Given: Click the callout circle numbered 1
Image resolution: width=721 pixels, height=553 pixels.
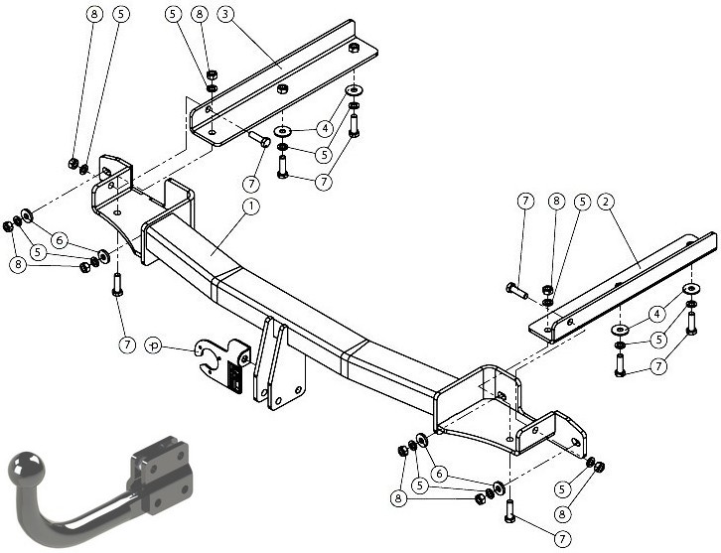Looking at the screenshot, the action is (x=251, y=207).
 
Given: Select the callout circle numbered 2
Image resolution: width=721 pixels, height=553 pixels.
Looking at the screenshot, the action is (x=606, y=202).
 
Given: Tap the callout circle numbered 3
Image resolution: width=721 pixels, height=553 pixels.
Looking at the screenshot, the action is (x=224, y=14).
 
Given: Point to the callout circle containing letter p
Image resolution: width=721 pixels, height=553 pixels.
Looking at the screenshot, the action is (x=154, y=345).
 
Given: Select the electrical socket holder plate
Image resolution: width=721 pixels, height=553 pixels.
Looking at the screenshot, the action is (x=223, y=364).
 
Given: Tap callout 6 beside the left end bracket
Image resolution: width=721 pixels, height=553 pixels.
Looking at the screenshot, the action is (x=60, y=240).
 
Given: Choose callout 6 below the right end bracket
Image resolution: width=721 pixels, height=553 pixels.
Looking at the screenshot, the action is (x=439, y=474).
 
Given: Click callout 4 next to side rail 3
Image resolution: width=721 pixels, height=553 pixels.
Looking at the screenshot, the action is (x=325, y=128).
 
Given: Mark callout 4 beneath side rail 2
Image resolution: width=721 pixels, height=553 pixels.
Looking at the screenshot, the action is (x=656, y=314).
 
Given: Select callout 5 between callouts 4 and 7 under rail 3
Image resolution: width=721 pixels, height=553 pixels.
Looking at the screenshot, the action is (x=324, y=155).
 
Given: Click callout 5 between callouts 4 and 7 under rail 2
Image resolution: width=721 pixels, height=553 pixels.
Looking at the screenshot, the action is (x=658, y=341).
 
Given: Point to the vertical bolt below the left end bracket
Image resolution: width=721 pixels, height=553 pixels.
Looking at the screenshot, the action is (x=117, y=285).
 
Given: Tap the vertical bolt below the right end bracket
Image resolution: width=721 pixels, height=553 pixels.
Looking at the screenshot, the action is (x=509, y=511).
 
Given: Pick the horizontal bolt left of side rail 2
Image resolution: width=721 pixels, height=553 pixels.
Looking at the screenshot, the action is (x=516, y=290).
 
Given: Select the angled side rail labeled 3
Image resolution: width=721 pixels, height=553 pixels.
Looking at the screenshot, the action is (x=284, y=82).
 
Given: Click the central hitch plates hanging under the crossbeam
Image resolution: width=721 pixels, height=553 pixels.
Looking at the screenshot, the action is (x=279, y=363).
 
